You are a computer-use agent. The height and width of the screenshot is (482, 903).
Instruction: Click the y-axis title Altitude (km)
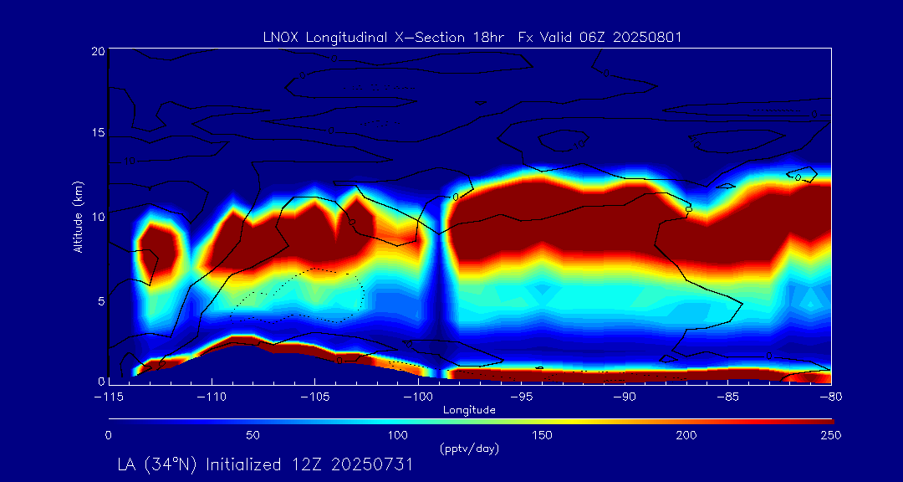[x=78, y=216]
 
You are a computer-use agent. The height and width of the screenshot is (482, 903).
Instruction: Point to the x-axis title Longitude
[x=470, y=410]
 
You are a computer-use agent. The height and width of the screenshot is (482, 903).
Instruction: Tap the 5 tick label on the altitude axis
[x=99, y=299]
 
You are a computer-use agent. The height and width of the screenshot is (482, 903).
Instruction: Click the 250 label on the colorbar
[x=831, y=435]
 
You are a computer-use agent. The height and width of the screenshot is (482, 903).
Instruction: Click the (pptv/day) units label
[x=469, y=449]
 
